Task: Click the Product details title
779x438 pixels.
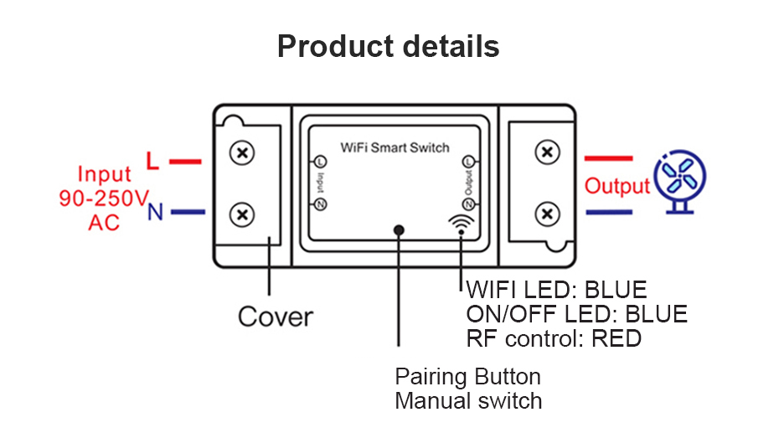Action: coord(389,47)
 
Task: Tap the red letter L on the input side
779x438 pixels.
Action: coord(153,160)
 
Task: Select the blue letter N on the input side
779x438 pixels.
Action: coord(155,213)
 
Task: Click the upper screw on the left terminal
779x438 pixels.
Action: coord(243,153)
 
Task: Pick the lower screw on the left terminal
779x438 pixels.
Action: coord(243,214)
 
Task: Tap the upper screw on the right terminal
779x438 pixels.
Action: coord(546,153)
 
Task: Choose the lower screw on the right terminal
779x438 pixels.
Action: coord(546,214)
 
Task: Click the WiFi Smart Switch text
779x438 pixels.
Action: coord(395,148)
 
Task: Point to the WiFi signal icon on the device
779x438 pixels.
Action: coord(461,222)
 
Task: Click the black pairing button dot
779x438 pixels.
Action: coord(400,229)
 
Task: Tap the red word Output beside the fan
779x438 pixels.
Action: coord(617,186)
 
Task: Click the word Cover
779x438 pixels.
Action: coord(275,317)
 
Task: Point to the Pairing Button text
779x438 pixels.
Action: coord(467,376)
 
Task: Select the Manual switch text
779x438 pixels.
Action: coord(468,400)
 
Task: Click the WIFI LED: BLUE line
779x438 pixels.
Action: coord(556,291)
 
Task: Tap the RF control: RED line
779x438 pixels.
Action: coord(554,338)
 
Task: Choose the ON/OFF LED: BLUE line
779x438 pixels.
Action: coord(576,314)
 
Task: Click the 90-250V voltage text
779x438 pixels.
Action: coord(104,198)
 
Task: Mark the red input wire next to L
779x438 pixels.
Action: coord(185,161)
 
